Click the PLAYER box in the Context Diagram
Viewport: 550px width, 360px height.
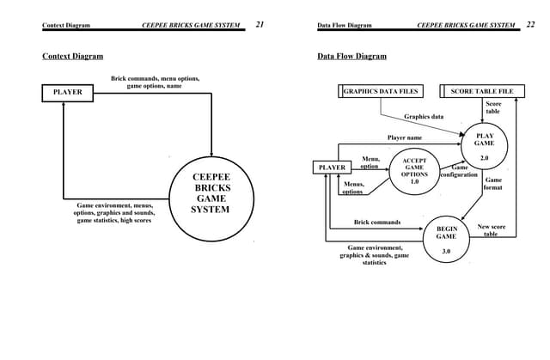pyautogui.click(x=68, y=92)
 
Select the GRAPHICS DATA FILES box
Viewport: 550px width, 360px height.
pyautogui.click(x=381, y=91)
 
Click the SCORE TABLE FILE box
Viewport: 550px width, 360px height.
pyautogui.click(x=481, y=91)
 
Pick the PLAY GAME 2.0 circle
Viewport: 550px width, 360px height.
pyautogui.click(x=484, y=146)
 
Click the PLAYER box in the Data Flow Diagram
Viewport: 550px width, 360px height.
pyautogui.click(x=331, y=168)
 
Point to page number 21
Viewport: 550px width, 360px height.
pyautogui.click(x=260, y=25)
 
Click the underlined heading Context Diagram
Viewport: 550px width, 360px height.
pyautogui.click(x=73, y=57)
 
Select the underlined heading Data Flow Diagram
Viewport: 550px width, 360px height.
pyautogui.click(x=352, y=57)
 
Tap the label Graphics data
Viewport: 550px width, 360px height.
pyautogui.click(x=425, y=117)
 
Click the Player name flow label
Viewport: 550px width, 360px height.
pyautogui.click(x=404, y=137)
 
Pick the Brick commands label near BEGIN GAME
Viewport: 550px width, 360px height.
pyautogui.click(x=377, y=222)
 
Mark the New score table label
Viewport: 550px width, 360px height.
pyautogui.click(x=492, y=230)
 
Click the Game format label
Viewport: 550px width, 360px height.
pyautogui.click(x=493, y=184)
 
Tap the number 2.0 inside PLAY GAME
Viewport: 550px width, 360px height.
pyautogui.click(x=484, y=158)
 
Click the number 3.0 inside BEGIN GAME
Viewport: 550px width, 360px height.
pyautogui.click(x=446, y=251)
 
